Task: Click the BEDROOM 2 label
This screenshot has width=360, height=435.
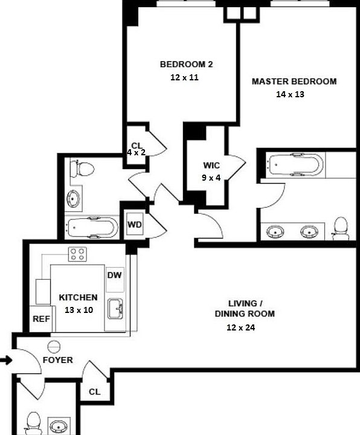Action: coord(186,65)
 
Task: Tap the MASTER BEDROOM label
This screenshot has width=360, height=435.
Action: coord(294,82)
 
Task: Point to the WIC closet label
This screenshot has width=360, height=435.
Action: coord(211,166)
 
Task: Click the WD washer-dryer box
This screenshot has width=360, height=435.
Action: coord(135,225)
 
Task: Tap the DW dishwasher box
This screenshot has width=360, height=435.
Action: coord(115,275)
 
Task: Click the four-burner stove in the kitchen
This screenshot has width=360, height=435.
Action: coord(77,254)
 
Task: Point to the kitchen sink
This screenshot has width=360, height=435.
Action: coord(115,309)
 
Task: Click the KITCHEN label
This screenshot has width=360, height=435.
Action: coord(78,297)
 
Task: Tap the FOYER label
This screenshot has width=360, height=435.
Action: coord(57,360)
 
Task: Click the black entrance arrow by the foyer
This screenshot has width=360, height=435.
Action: coord(5,361)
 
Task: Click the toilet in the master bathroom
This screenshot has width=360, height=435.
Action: coord(341,228)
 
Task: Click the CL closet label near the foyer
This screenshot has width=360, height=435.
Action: coord(94,391)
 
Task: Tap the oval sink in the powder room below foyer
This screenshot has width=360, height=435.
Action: coord(59,424)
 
